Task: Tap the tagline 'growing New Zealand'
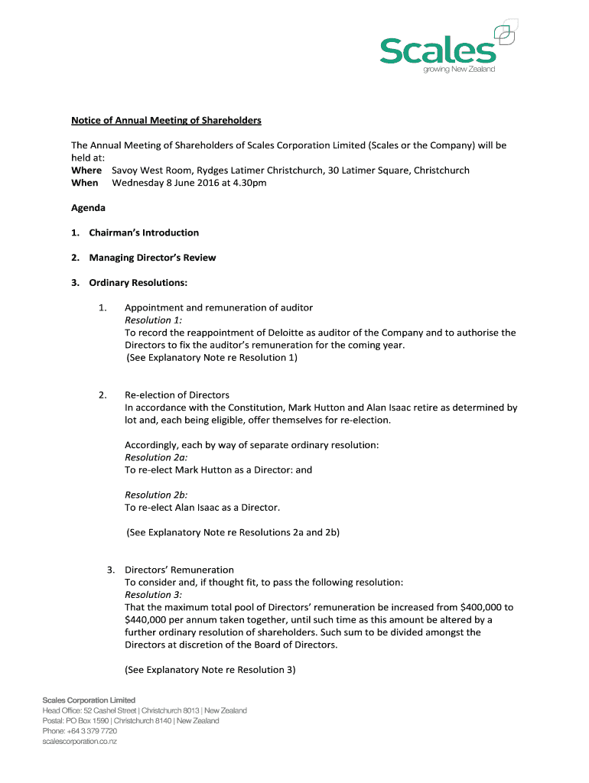tap(459, 70)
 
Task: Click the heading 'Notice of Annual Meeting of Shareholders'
tap(167, 120)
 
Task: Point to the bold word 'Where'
tap(86, 170)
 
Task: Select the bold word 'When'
tap(85, 183)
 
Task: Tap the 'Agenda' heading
tap(89, 208)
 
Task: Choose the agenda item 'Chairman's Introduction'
tap(144, 232)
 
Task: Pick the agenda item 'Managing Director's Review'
tap(152, 258)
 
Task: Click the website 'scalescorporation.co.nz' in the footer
tap(80, 741)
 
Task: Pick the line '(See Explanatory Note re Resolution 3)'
tap(210, 670)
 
